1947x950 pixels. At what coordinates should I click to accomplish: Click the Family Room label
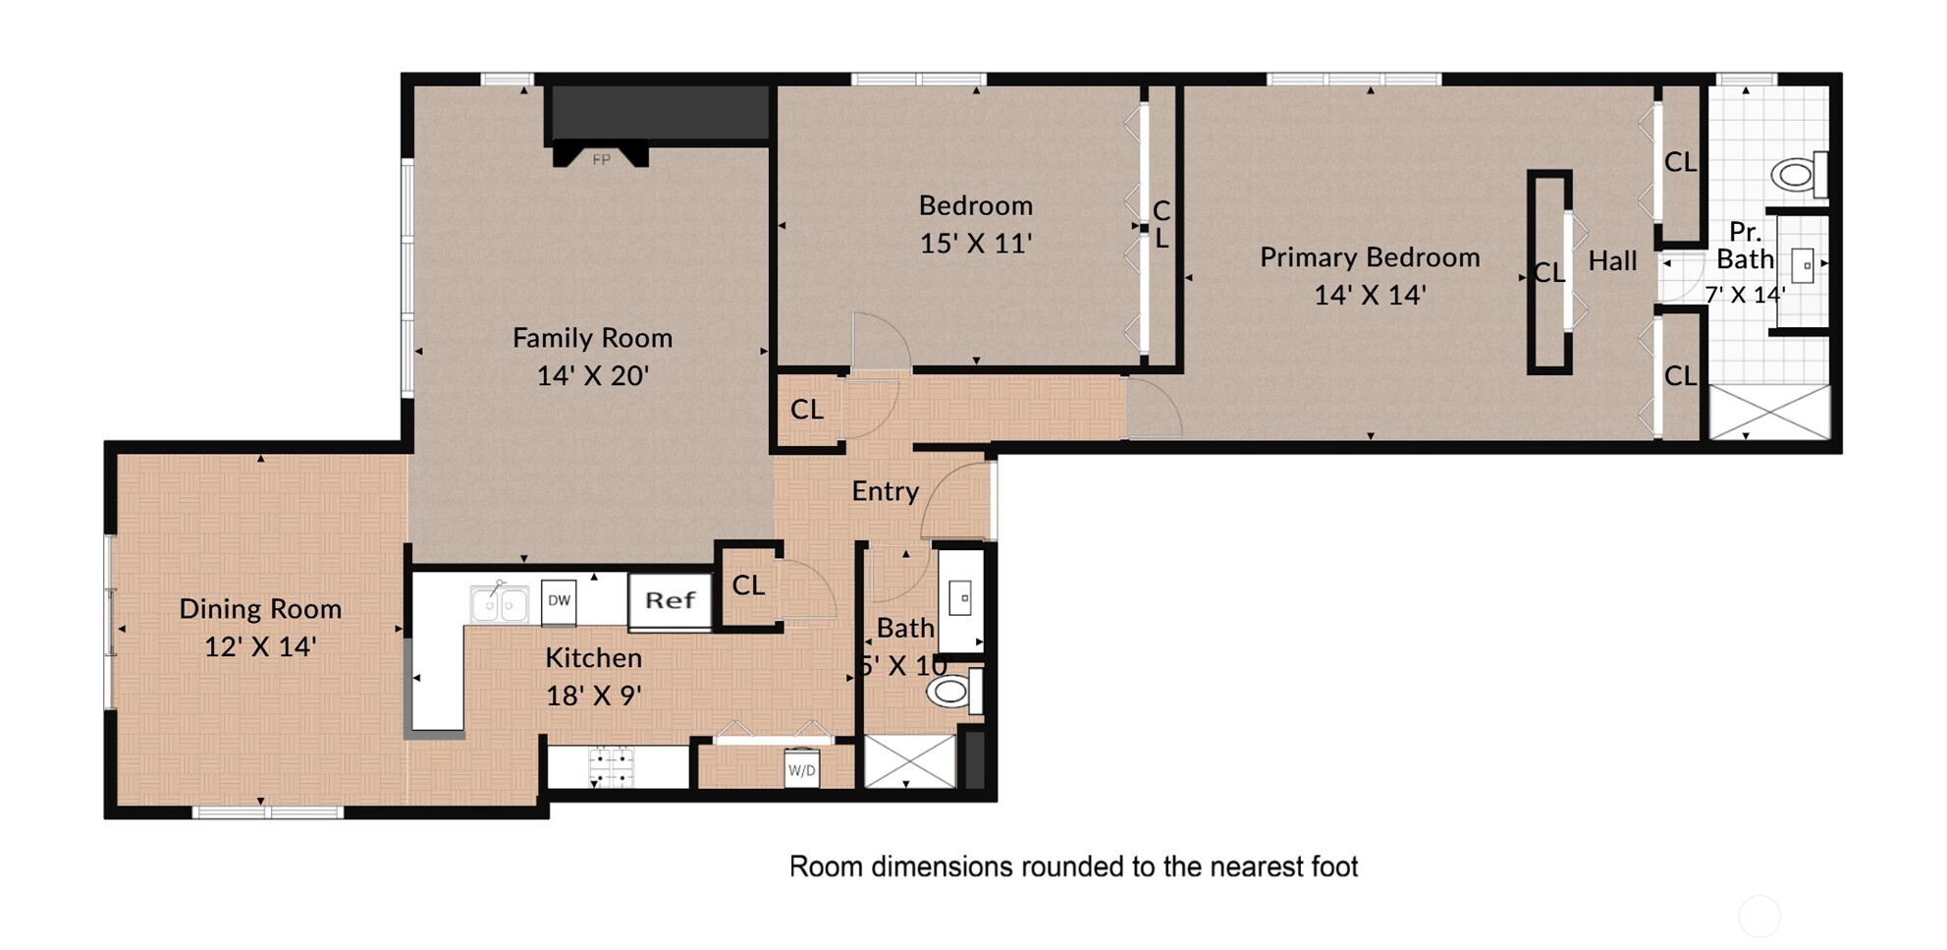[592, 338]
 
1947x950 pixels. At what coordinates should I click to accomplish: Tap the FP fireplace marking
[601, 159]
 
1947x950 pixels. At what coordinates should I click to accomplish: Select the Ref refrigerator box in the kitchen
[670, 600]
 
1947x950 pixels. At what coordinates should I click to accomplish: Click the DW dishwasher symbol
[559, 601]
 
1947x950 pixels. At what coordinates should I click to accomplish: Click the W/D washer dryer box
[801, 770]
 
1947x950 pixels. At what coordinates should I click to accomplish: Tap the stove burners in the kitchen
[611, 767]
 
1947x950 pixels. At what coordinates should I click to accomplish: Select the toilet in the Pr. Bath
[1800, 175]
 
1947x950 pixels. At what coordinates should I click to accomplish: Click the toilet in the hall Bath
[954, 691]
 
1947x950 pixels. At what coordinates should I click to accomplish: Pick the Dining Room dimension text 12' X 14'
[260, 646]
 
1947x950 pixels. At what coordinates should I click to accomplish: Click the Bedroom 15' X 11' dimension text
[975, 243]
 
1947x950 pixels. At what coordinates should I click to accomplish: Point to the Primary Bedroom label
[1370, 257]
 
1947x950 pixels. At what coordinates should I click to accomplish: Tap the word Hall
[1612, 261]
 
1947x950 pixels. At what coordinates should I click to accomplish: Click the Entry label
[885, 491]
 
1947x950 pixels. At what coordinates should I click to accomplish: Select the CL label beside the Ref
[748, 586]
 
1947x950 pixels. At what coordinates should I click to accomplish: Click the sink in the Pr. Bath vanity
[1803, 266]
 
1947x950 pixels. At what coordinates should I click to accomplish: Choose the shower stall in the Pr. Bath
[1770, 412]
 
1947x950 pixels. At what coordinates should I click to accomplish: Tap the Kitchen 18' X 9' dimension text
[594, 696]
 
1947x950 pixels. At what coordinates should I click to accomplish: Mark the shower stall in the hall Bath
[909, 760]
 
